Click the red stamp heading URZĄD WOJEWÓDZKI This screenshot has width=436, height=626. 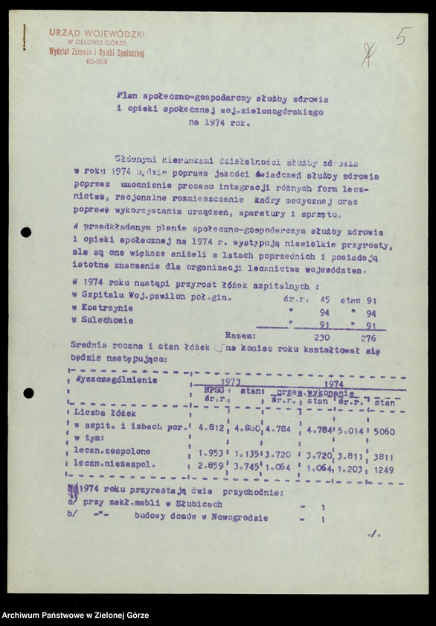tap(97, 34)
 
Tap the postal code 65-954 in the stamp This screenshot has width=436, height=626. tap(97, 62)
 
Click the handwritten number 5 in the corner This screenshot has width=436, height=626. tap(403, 36)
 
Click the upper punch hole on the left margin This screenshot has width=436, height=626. tap(26, 233)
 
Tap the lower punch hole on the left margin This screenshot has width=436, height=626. tap(28, 393)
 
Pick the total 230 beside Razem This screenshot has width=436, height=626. tap(319, 338)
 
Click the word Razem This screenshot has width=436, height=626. tap(240, 336)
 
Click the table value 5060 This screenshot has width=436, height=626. tap(384, 431)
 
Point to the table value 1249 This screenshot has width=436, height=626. tap(383, 469)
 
